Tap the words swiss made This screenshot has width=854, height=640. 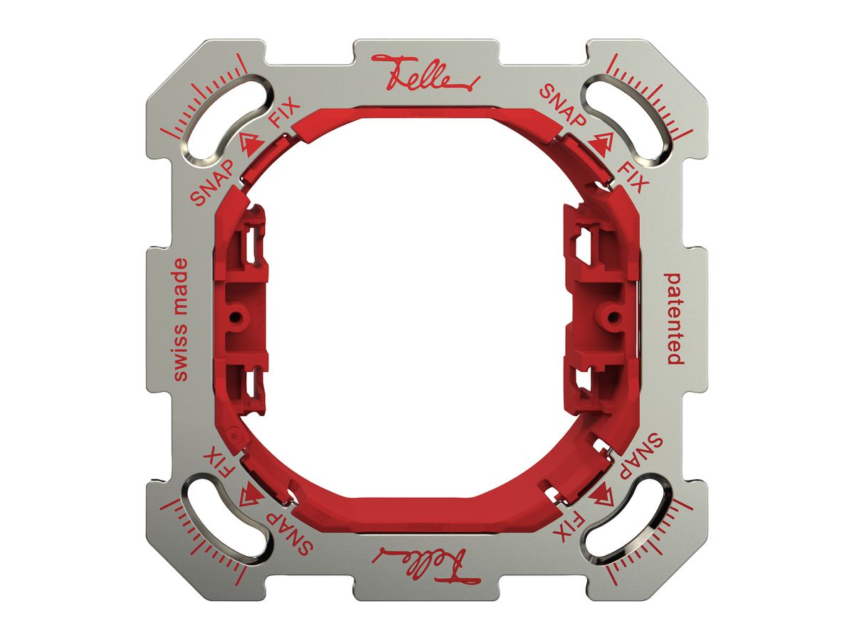180,319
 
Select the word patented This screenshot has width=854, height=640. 674,319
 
